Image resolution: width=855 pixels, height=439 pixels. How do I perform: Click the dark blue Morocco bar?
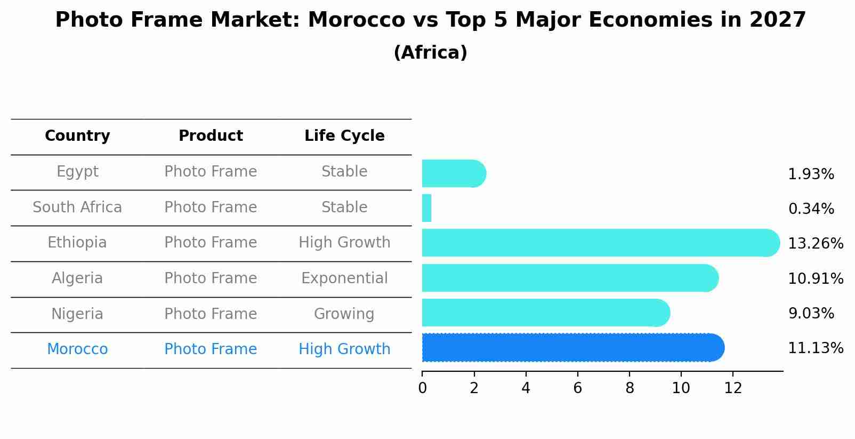pos(573,348)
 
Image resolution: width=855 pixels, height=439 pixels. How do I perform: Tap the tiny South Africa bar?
pos(426,208)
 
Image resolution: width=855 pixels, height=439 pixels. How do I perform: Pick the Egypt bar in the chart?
pos(453,174)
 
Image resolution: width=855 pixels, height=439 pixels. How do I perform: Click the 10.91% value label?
pos(816,278)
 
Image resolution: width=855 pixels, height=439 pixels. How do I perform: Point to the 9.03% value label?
pos(811,313)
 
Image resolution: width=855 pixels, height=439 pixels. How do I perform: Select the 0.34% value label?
pos(811,209)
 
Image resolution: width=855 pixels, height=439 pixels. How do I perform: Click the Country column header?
pos(77,136)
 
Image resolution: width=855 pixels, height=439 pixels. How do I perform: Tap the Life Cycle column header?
pos(344,136)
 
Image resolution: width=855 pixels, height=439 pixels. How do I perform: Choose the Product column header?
pos(211,136)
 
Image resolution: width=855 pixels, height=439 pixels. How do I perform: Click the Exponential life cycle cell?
pos(344,278)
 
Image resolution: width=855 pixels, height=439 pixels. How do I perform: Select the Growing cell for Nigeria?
pos(344,314)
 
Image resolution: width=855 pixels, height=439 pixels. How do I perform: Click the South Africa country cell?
pos(77,207)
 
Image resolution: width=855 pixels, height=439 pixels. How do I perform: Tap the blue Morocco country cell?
pos(77,349)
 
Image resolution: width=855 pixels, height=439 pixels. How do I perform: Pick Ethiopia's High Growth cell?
pos(344,243)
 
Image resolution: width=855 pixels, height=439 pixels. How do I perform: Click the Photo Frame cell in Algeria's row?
pos(211,278)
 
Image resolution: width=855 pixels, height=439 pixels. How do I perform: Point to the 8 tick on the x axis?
pos(630,388)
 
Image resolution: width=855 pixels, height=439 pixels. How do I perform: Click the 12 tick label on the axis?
pos(733,388)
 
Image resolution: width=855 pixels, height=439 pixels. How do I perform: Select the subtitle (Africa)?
pos(430,53)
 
